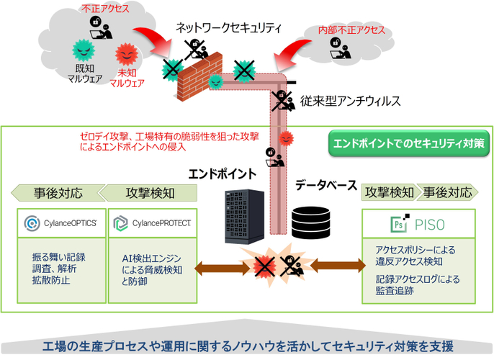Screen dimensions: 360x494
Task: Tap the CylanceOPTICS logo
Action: (61, 222)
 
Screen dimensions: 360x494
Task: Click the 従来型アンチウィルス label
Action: (351, 102)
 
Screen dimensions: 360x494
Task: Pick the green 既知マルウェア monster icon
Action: (84, 50)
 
